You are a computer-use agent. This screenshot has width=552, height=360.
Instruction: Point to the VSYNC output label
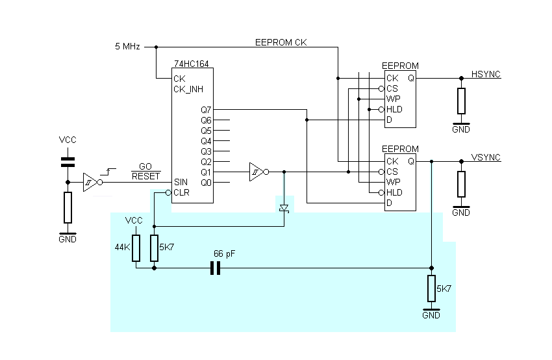[484, 158]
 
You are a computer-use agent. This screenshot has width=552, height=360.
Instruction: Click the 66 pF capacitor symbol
[216, 268]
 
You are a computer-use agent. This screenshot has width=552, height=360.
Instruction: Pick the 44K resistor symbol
[136, 248]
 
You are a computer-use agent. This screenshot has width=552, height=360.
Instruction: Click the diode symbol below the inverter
[284, 208]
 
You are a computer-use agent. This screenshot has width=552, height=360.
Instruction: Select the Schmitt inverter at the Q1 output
[257, 172]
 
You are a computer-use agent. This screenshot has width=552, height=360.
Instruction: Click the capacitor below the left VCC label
[68, 162]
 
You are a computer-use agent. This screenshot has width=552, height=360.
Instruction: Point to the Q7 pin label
[207, 110]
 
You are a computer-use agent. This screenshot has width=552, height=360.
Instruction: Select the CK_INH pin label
[188, 89]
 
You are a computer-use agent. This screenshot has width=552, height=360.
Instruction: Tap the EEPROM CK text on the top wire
[281, 42]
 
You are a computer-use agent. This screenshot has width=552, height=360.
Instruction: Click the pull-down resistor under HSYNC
[461, 101]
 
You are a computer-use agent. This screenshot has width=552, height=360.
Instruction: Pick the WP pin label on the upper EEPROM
[393, 99]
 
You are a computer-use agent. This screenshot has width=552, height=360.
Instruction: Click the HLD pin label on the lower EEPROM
[394, 192]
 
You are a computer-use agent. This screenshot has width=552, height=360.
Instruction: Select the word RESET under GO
[145, 176]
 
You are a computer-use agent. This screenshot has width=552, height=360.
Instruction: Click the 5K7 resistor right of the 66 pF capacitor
[431, 288]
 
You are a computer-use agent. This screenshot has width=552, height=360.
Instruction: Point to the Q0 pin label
[207, 182]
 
